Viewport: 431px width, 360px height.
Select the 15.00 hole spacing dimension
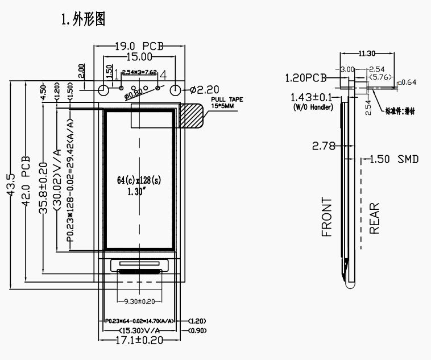139,56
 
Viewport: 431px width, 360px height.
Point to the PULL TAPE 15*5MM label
226,102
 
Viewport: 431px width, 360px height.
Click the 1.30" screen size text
138,192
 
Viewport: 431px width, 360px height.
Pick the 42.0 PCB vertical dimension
26,182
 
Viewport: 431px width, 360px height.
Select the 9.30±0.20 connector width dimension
139,301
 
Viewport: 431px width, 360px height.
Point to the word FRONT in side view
326,217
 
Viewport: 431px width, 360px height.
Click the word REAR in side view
374,218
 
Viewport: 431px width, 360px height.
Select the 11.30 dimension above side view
367,53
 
